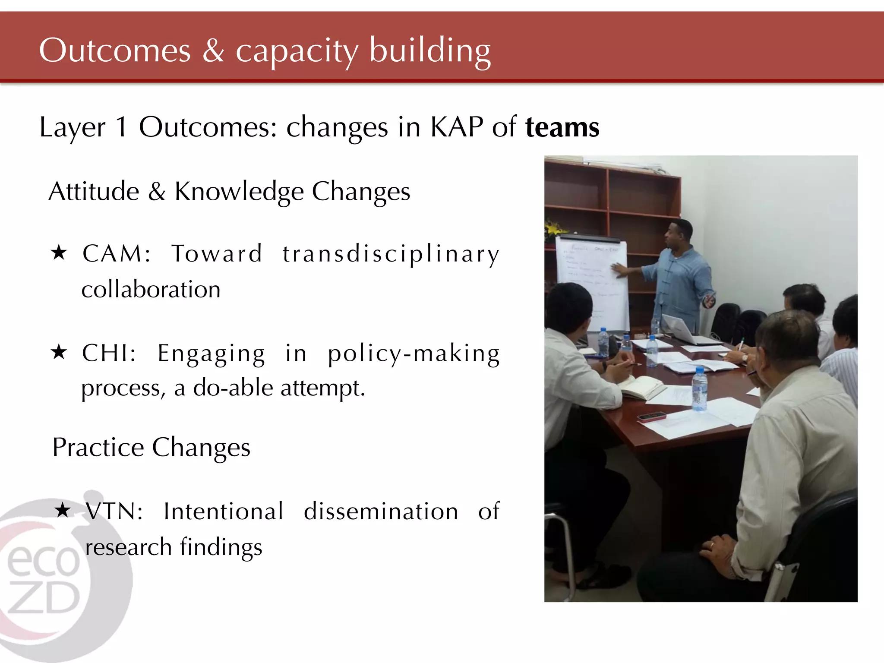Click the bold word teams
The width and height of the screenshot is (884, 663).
pos(562,128)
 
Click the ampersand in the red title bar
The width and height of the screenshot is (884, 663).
pos(213,51)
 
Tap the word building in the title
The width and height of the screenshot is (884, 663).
pos(430,51)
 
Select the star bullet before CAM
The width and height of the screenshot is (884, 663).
pos(59,253)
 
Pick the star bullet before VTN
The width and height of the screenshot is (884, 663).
pos(63,511)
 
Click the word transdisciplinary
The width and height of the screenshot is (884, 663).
pos(391,254)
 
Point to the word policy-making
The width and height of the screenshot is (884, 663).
pos(414,354)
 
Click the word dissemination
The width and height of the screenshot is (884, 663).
pos(381,511)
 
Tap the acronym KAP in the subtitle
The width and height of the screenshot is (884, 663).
pos(457,128)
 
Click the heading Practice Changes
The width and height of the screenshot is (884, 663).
pos(151,448)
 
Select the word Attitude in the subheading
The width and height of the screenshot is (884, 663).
pos(94,191)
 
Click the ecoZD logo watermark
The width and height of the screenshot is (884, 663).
pos(47,578)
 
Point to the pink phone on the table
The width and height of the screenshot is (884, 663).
pos(652,417)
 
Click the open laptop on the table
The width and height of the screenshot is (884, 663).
pos(682,330)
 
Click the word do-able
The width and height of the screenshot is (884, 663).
pos(233,388)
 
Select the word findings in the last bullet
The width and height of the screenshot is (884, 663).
pos(221,547)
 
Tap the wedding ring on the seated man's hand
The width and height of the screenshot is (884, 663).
pos(712,545)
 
